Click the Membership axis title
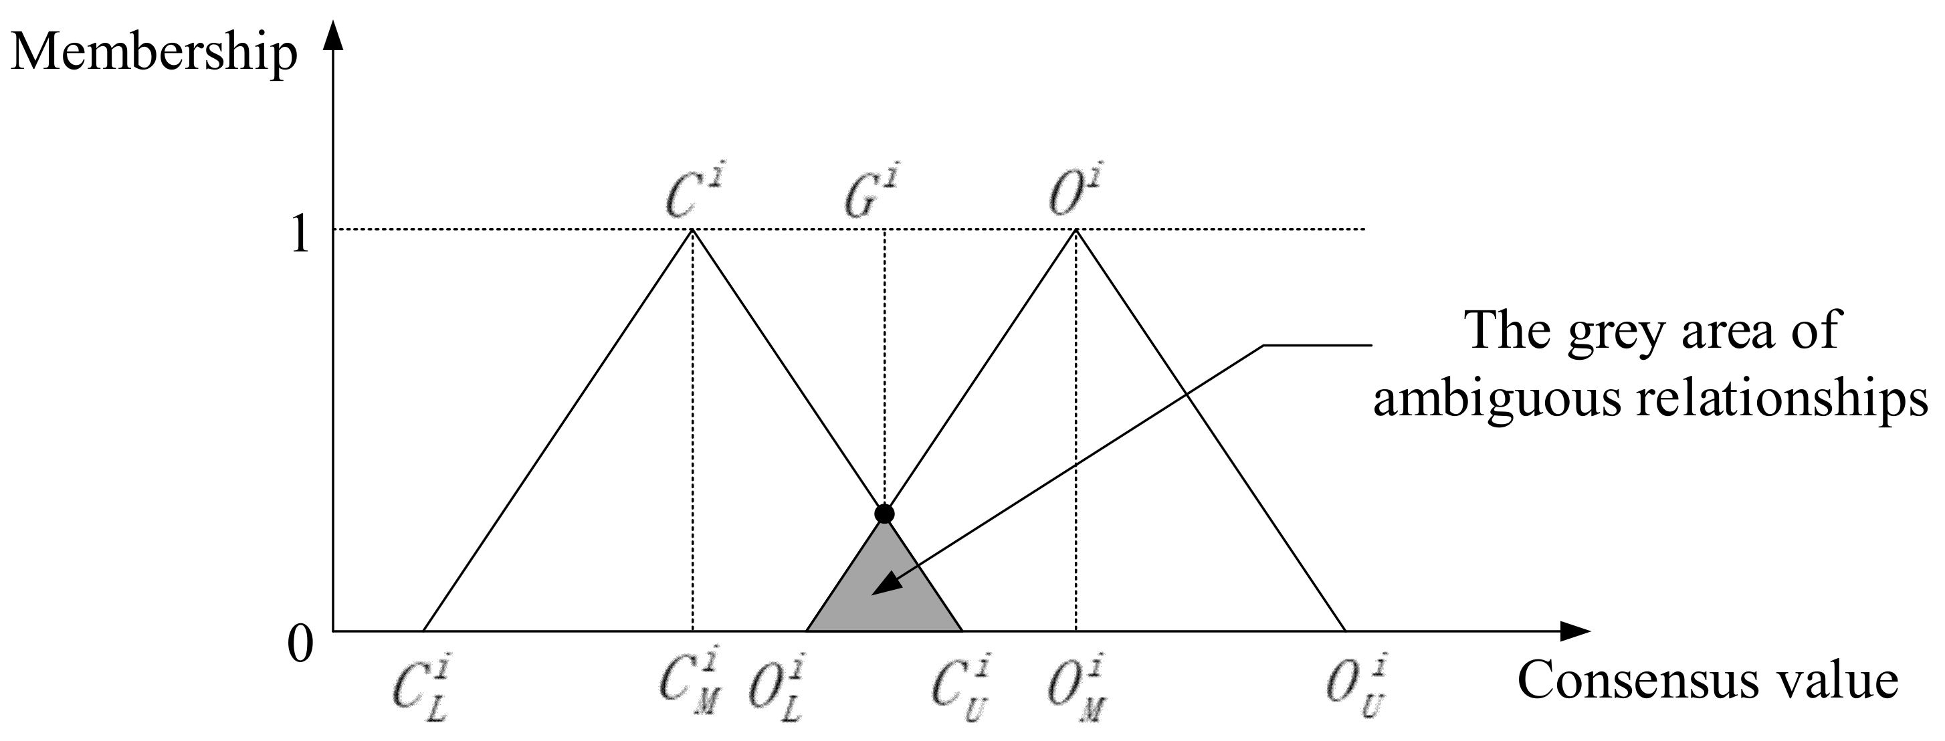tap(154, 54)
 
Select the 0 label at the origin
tap(300, 646)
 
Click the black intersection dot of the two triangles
tap(884, 514)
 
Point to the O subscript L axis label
tap(777, 690)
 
